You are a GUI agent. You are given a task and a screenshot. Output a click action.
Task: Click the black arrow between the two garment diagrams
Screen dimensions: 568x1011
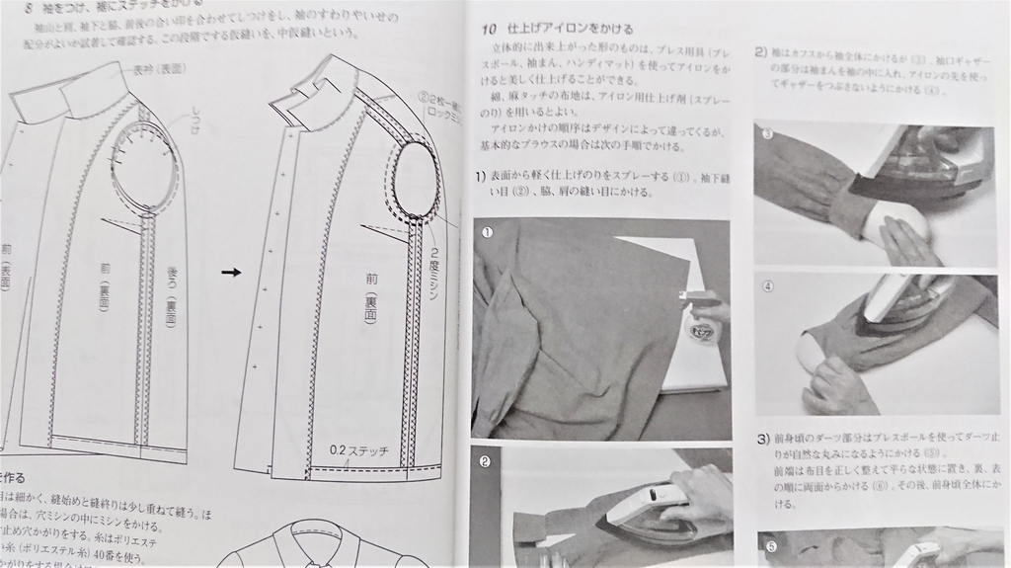231,272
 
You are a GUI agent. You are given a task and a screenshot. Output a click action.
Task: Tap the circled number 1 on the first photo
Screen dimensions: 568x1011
487,232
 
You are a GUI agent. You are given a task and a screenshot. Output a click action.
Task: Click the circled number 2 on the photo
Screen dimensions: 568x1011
486,461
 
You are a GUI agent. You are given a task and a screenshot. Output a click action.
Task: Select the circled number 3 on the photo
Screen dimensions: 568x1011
767,134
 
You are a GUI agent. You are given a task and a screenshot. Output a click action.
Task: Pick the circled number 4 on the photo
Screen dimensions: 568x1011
768,286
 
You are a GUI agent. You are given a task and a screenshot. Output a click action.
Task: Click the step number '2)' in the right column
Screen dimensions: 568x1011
761,51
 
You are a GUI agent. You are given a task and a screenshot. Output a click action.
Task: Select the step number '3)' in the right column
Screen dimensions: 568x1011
763,438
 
